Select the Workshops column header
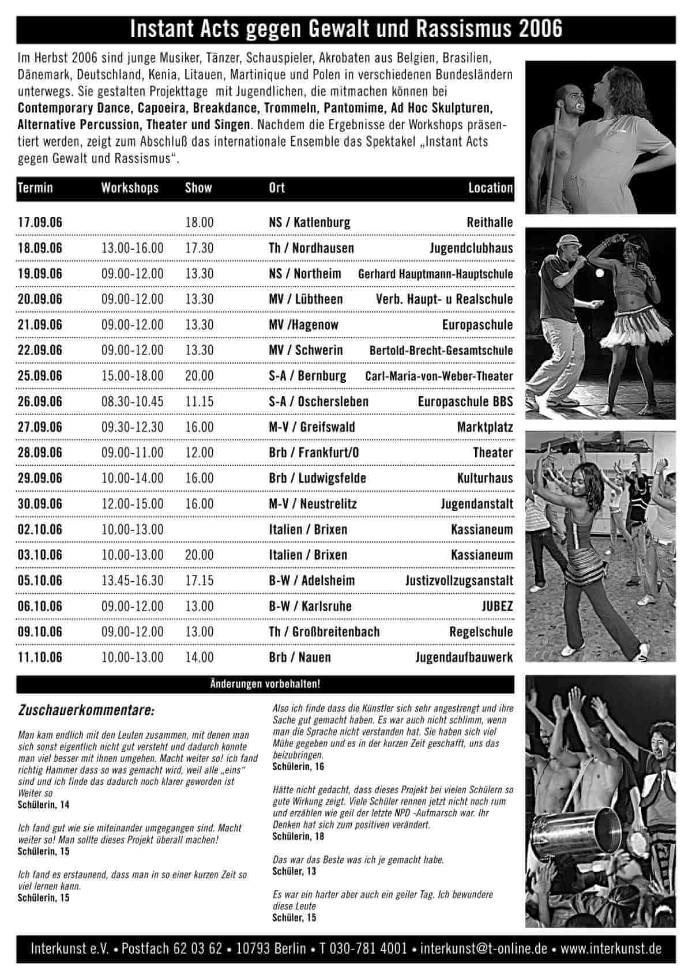(130, 188)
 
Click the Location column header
(490, 188)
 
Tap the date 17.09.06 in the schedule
(40, 223)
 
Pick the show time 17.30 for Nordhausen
(199, 248)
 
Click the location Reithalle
(490, 223)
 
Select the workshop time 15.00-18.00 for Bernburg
(132, 376)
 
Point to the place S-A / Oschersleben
(318, 402)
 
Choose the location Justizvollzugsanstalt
(459, 581)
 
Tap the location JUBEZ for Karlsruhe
(497, 607)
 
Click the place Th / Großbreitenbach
(324, 632)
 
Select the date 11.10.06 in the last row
(40, 657)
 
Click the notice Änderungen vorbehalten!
(265, 684)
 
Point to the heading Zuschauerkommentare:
(86, 711)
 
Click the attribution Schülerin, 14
(43, 804)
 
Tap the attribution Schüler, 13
(294, 871)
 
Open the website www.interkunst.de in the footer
(611, 948)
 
